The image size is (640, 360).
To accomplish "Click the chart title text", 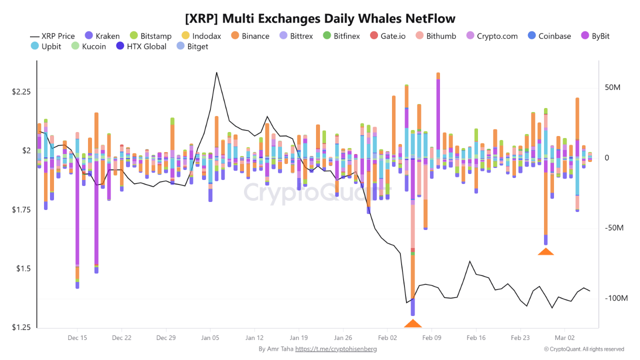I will click(x=320, y=19).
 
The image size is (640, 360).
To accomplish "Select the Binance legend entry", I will click(x=250, y=36).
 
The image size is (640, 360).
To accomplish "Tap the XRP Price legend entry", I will click(x=52, y=36).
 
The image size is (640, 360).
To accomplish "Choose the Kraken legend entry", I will click(x=102, y=36).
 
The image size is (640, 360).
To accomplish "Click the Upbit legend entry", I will click(x=46, y=46).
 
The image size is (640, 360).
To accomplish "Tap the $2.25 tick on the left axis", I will click(x=21, y=92).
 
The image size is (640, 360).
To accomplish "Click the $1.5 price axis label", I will click(x=23, y=268).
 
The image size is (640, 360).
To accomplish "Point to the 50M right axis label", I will click(x=612, y=87).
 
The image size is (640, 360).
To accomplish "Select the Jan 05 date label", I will click(x=210, y=338).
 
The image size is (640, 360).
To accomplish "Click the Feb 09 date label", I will click(x=431, y=338).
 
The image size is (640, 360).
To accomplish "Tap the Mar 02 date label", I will click(x=564, y=338).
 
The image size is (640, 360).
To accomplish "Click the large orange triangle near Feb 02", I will click(x=413, y=323).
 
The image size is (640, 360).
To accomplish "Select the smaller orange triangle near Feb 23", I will click(x=545, y=251).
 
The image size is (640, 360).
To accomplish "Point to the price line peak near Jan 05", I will click(x=216, y=72).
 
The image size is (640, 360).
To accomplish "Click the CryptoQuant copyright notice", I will click(x=584, y=349).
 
